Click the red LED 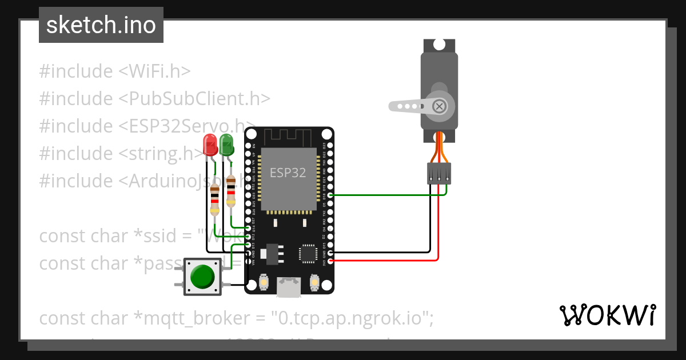210,144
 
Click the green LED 226,144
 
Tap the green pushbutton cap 202,277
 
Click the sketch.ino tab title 101,25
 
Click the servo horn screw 439,106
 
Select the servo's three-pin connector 439,173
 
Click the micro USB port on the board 289,287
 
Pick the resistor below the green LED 230,192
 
